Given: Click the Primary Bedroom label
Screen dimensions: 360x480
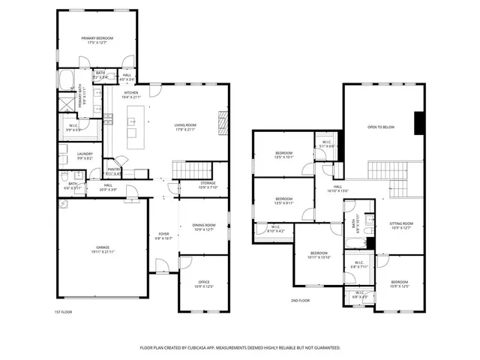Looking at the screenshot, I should [98, 40].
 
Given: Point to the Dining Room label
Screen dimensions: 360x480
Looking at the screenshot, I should [204, 227].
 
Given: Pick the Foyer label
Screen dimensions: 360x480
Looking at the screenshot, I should [163, 235].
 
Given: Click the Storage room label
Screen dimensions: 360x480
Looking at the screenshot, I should [208, 185].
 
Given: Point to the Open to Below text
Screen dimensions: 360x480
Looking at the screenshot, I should [381, 127].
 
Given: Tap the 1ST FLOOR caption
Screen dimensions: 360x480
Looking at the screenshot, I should [64, 312].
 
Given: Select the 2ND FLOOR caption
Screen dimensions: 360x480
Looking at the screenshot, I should [300, 300].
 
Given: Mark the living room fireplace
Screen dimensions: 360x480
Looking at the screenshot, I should [222, 121].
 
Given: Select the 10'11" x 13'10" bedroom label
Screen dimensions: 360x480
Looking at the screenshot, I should [319, 255].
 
